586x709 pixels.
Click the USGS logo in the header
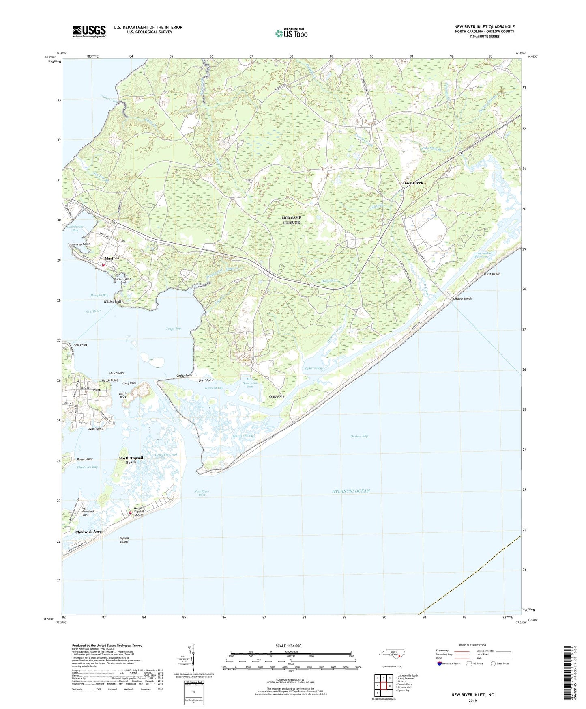pyautogui.click(x=89, y=31)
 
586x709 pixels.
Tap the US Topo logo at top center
pyautogui.click(x=291, y=33)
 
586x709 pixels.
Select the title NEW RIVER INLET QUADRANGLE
pyautogui.click(x=484, y=27)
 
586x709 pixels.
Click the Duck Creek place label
pyautogui.click(x=412, y=183)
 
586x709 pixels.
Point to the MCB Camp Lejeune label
pyautogui.click(x=291, y=220)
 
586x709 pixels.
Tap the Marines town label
pyautogui.click(x=112, y=259)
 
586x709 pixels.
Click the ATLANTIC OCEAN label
pyautogui.click(x=351, y=491)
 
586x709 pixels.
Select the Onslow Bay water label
pyautogui.click(x=359, y=436)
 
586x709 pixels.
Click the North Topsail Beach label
pyautogui.click(x=131, y=460)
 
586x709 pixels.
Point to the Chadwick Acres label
pyautogui.click(x=89, y=532)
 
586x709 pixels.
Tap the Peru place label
pyautogui.click(x=97, y=390)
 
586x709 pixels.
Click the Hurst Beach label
pyautogui.click(x=492, y=274)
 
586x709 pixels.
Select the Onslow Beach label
pyautogui.click(x=462, y=299)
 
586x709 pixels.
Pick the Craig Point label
pyautogui.click(x=277, y=396)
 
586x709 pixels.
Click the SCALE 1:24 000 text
pyautogui.click(x=288, y=646)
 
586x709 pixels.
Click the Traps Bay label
pyautogui.click(x=173, y=329)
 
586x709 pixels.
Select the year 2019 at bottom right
pyautogui.click(x=472, y=700)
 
